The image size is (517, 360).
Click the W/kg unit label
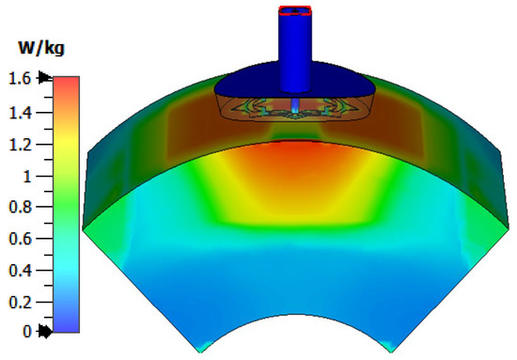coord(41,49)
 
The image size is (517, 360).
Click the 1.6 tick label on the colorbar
coord(20,78)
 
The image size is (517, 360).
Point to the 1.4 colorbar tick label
coord(20,113)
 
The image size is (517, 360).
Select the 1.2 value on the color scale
coord(20,145)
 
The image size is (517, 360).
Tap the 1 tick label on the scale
coord(26,177)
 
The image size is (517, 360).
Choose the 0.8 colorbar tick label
coord(20,207)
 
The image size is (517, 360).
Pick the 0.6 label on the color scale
coord(20,239)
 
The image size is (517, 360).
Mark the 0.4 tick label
coord(20,271)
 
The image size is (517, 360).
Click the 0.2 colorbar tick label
coord(20,302)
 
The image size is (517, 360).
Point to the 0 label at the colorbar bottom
coord(27,331)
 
